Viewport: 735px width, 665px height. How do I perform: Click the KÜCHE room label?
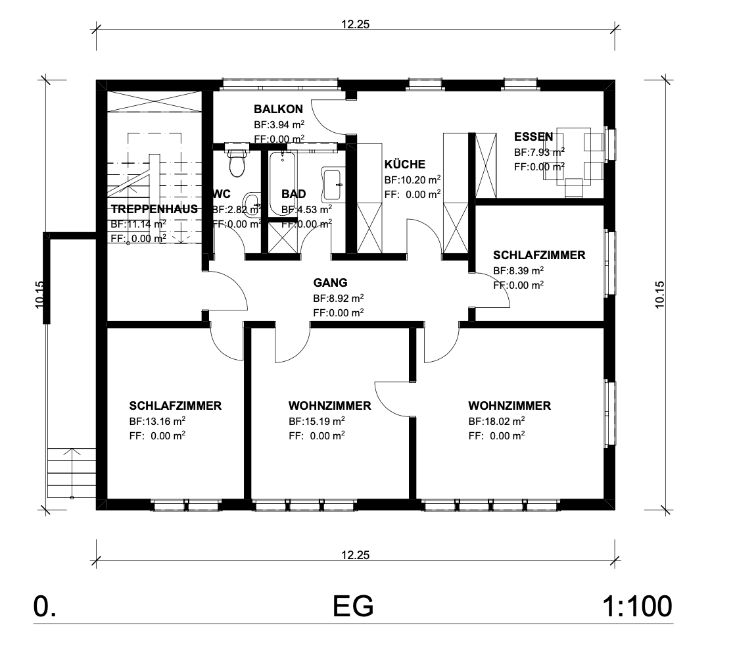(404, 164)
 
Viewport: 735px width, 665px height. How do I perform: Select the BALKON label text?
(278, 109)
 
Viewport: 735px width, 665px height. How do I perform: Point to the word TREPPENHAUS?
(154, 209)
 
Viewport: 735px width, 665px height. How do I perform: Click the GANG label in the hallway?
(329, 283)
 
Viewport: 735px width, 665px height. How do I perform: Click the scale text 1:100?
(636, 606)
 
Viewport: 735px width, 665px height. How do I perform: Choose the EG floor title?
(353, 606)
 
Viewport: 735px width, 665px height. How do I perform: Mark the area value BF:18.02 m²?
(496, 421)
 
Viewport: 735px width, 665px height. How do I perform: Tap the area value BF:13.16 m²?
(156, 421)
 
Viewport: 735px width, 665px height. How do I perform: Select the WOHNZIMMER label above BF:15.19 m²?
(329, 406)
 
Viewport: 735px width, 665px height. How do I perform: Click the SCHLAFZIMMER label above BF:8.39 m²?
(538, 255)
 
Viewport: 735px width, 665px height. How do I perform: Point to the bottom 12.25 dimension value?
(355, 554)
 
